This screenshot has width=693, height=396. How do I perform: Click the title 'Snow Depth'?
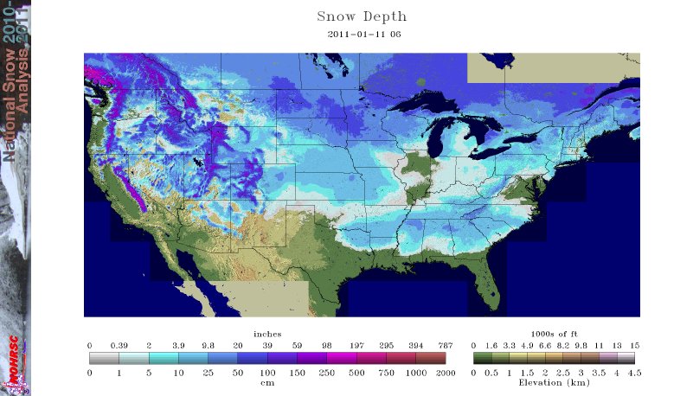pyautogui.click(x=362, y=16)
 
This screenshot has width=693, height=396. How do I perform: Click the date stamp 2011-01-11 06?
pyautogui.click(x=364, y=35)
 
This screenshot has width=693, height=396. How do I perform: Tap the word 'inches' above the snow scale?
pyautogui.click(x=267, y=334)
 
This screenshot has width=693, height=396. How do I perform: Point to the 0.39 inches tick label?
pyautogui.click(x=119, y=344)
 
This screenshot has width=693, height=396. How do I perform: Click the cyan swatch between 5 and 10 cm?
pyautogui.click(x=164, y=357)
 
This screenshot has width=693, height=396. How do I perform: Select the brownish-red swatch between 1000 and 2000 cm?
pyautogui.click(x=431, y=357)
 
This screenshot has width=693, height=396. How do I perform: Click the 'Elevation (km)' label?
pyautogui.click(x=554, y=381)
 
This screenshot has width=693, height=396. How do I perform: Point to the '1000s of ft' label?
pyautogui.click(x=554, y=334)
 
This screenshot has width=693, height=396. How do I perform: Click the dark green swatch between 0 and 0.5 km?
pyautogui.click(x=482, y=357)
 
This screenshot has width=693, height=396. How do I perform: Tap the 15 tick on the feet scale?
pyautogui.click(x=634, y=344)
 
